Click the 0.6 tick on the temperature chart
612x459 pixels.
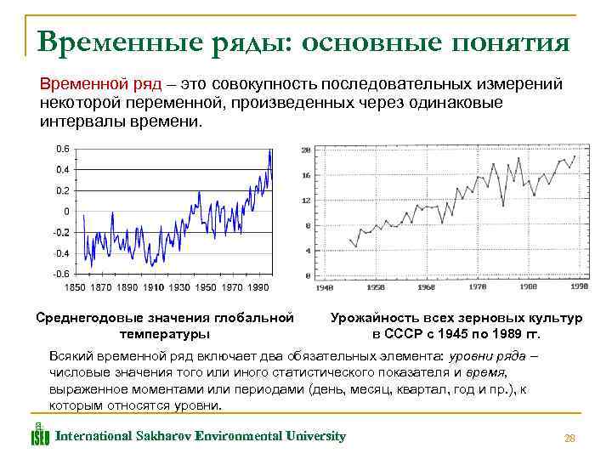click(63, 149)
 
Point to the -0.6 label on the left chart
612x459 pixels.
click(61, 274)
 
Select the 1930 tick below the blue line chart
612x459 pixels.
click(179, 288)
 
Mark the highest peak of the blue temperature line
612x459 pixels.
click(269, 150)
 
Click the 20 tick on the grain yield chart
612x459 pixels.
click(306, 150)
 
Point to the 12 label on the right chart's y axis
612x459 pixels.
click(306, 201)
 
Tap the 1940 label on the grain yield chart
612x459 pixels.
click(323, 287)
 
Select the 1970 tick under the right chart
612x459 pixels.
click(477, 287)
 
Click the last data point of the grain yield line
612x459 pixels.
click(575, 156)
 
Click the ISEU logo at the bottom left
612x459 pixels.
click(40, 434)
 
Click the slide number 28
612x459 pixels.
click(569, 439)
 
